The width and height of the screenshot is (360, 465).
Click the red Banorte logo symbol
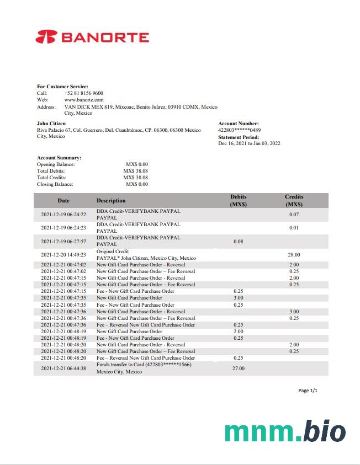[46, 38]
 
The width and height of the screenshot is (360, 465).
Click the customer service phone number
[83, 93]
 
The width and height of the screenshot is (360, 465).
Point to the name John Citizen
[51, 124]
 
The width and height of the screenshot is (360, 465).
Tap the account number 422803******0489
[240, 130]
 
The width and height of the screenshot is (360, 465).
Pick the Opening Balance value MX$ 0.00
[136, 164]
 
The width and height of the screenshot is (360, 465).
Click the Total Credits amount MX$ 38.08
[135, 178]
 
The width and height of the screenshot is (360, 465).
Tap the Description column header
[111, 201]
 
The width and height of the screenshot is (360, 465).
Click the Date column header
[63, 201]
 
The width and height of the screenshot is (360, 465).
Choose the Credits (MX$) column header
[294, 200]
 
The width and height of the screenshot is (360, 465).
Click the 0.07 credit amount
[294, 215]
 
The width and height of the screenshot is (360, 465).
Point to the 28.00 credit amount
[294, 255]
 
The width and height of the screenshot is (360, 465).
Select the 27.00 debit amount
[239, 368]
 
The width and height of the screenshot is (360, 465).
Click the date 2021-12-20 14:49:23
[63, 255]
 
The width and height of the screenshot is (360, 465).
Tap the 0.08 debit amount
[239, 242]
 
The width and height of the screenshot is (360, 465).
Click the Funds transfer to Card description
[144, 365]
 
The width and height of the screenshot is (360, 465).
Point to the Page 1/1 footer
[308, 391]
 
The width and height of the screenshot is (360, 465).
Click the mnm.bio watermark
[285, 432]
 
